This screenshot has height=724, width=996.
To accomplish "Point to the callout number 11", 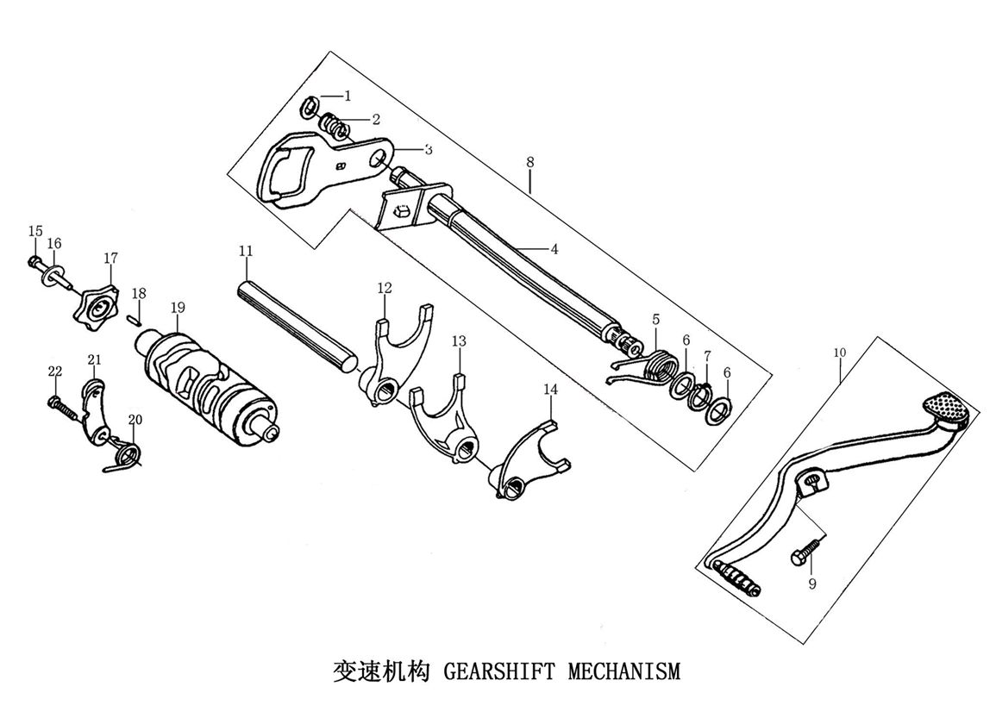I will pyautogui.click(x=246, y=251).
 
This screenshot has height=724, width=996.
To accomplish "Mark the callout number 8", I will pyautogui.click(x=529, y=161).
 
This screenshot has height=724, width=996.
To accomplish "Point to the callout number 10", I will pyautogui.click(x=841, y=353).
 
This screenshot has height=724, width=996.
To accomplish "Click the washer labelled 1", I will pyautogui.click(x=310, y=108).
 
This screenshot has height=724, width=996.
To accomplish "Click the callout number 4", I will pyautogui.click(x=554, y=249).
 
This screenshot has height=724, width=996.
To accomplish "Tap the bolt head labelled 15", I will pyautogui.click(x=33, y=259).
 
